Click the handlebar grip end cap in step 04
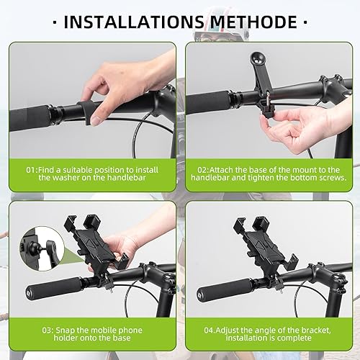point(204,296)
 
